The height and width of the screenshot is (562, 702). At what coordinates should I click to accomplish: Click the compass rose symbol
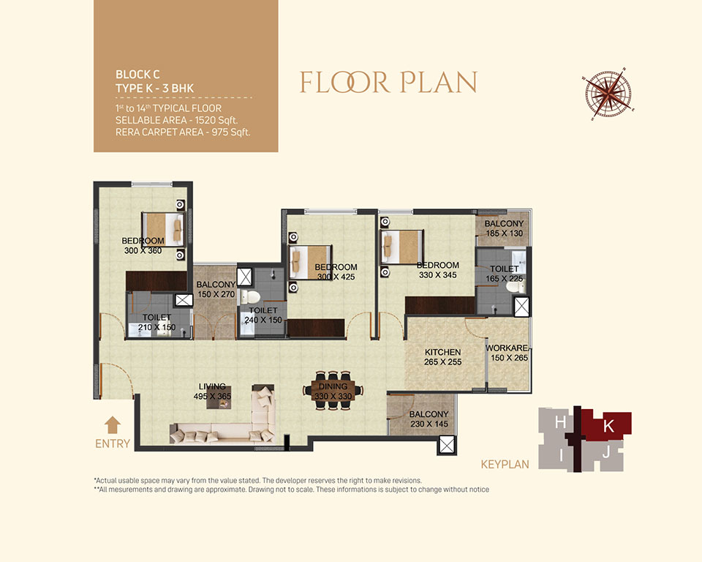click(x=608, y=94)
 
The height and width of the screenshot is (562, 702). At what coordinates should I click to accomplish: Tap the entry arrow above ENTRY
click(x=113, y=425)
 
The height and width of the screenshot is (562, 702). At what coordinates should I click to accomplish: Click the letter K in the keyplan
click(x=608, y=426)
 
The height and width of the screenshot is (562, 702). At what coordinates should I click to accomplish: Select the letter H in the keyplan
click(x=559, y=422)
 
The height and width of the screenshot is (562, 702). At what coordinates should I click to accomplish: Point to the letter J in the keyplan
click(x=605, y=454)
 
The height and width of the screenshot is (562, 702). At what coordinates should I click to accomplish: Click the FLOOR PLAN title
click(x=388, y=83)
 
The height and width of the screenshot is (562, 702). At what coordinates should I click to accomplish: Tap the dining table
click(x=333, y=390)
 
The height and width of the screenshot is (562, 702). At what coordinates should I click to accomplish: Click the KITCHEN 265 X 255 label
click(x=443, y=357)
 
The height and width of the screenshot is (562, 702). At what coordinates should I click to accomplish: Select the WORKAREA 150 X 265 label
click(x=507, y=353)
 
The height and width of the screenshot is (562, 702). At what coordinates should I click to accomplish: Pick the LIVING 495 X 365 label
click(x=212, y=391)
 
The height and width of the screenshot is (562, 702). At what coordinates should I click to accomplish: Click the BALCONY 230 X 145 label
click(x=429, y=419)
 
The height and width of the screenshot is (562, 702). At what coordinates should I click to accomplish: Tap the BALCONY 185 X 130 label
click(x=504, y=228)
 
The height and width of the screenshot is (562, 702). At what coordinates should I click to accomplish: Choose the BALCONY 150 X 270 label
click(x=216, y=290)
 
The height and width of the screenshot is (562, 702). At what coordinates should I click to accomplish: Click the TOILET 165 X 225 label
click(x=505, y=274)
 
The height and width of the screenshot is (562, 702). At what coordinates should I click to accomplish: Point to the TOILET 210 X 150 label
click(x=156, y=322)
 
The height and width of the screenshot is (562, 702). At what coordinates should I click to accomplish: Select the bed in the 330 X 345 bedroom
click(x=401, y=247)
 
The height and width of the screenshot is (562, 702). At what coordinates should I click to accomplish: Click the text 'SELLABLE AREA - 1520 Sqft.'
click(x=177, y=120)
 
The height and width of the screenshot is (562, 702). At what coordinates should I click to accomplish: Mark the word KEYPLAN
click(x=505, y=464)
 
